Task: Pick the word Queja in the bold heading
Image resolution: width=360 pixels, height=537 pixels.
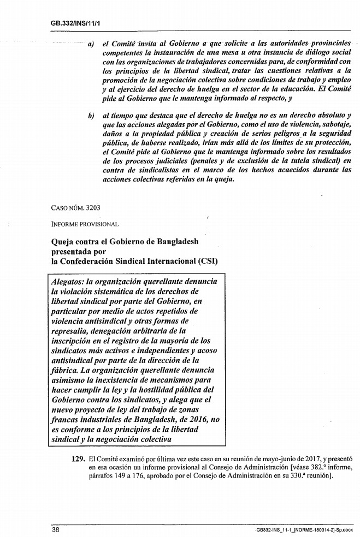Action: (x=64, y=240)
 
